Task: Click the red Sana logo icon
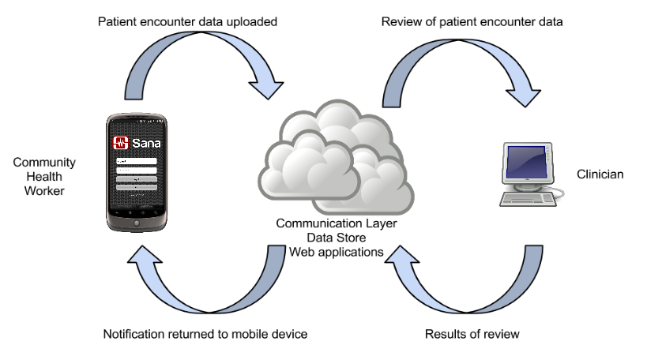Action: [121, 143]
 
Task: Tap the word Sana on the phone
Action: [145, 143]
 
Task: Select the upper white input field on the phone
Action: [136, 161]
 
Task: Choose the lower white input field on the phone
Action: [136, 170]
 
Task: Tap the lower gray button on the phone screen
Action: [136, 188]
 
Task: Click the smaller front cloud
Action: [304, 170]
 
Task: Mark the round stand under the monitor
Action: [525, 187]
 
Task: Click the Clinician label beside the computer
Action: [600, 175]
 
